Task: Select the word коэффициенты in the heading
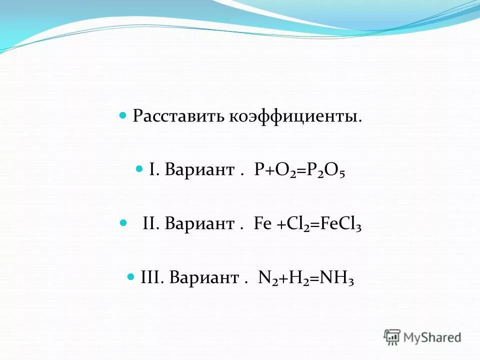click(295, 116)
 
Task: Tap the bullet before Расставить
click(123, 115)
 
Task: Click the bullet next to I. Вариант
click(139, 169)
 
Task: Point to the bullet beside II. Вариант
click(123, 223)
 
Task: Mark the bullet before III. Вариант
click(131, 276)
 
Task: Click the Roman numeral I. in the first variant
click(153, 170)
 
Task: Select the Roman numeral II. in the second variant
click(151, 223)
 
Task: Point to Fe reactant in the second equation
click(262, 223)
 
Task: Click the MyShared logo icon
click(392, 337)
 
